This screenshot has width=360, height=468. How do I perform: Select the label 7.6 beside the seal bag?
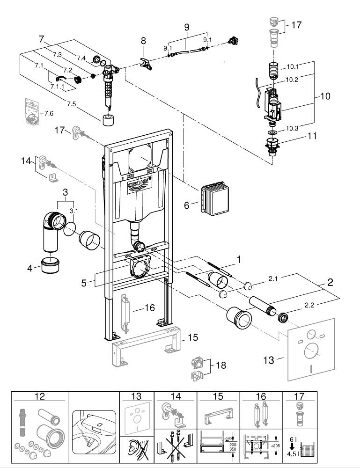pyautogui.click(x=48, y=113)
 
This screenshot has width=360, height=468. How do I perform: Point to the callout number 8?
pyautogui.click(x=144, y=41)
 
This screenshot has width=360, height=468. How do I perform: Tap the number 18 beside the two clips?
pyautogui.click(x=220, y=365)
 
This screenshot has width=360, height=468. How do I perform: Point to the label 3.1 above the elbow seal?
pyautogui.click(x=74, y=211)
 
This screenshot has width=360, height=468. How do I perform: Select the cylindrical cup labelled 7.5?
pyautogui.click(x=108, y=119)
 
